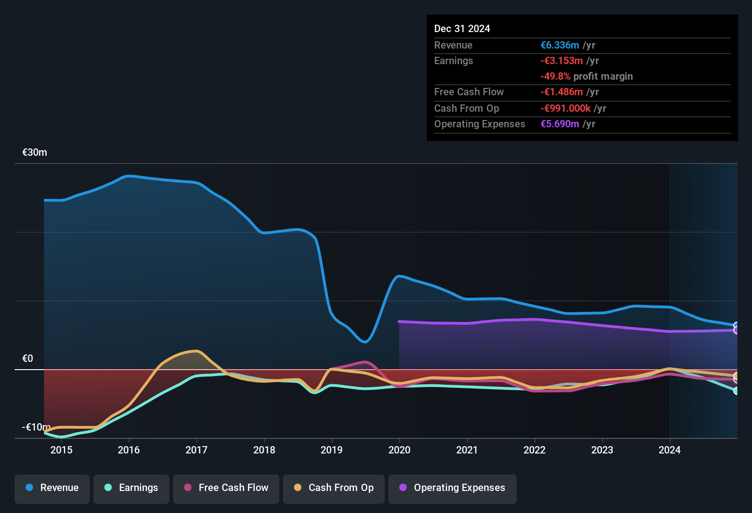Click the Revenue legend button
pos(52,488)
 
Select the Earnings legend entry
pos(131,488)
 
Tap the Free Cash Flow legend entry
pos(226,488)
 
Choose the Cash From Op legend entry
pos(334,488)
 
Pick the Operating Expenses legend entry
pos(452,488)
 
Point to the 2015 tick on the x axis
pos(61,450)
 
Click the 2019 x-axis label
pos(332,450)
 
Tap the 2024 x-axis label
pos(670,450)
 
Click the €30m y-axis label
pos(35,153)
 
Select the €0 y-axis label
pos(28,359)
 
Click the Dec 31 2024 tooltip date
pos(462,29)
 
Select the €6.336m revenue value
pos(560,45)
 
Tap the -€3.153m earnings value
pos(561,61)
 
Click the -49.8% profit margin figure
pos(556,76)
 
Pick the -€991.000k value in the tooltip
pos(566,109)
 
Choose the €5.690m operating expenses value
pos(560,124)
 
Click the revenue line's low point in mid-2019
pos(365,342)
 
